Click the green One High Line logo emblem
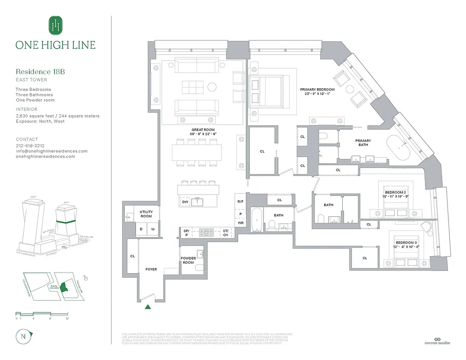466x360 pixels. [x=55, y=25]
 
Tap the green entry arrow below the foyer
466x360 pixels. [x=148, y=307]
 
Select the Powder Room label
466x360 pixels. [x=188, y=261]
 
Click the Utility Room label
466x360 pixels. [x=146, y=214]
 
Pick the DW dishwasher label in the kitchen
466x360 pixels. [x=185, y=202]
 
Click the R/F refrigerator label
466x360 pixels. [x=240, y=202]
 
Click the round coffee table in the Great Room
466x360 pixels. [x=212, y=86]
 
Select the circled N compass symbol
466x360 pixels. [x=23, y=337]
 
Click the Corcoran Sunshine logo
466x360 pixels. [x=436, y=342]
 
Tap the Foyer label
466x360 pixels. [x=151, y=269]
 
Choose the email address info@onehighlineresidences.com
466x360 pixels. [x=52, y=151]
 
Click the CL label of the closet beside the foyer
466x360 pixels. [x=132, y=256]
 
